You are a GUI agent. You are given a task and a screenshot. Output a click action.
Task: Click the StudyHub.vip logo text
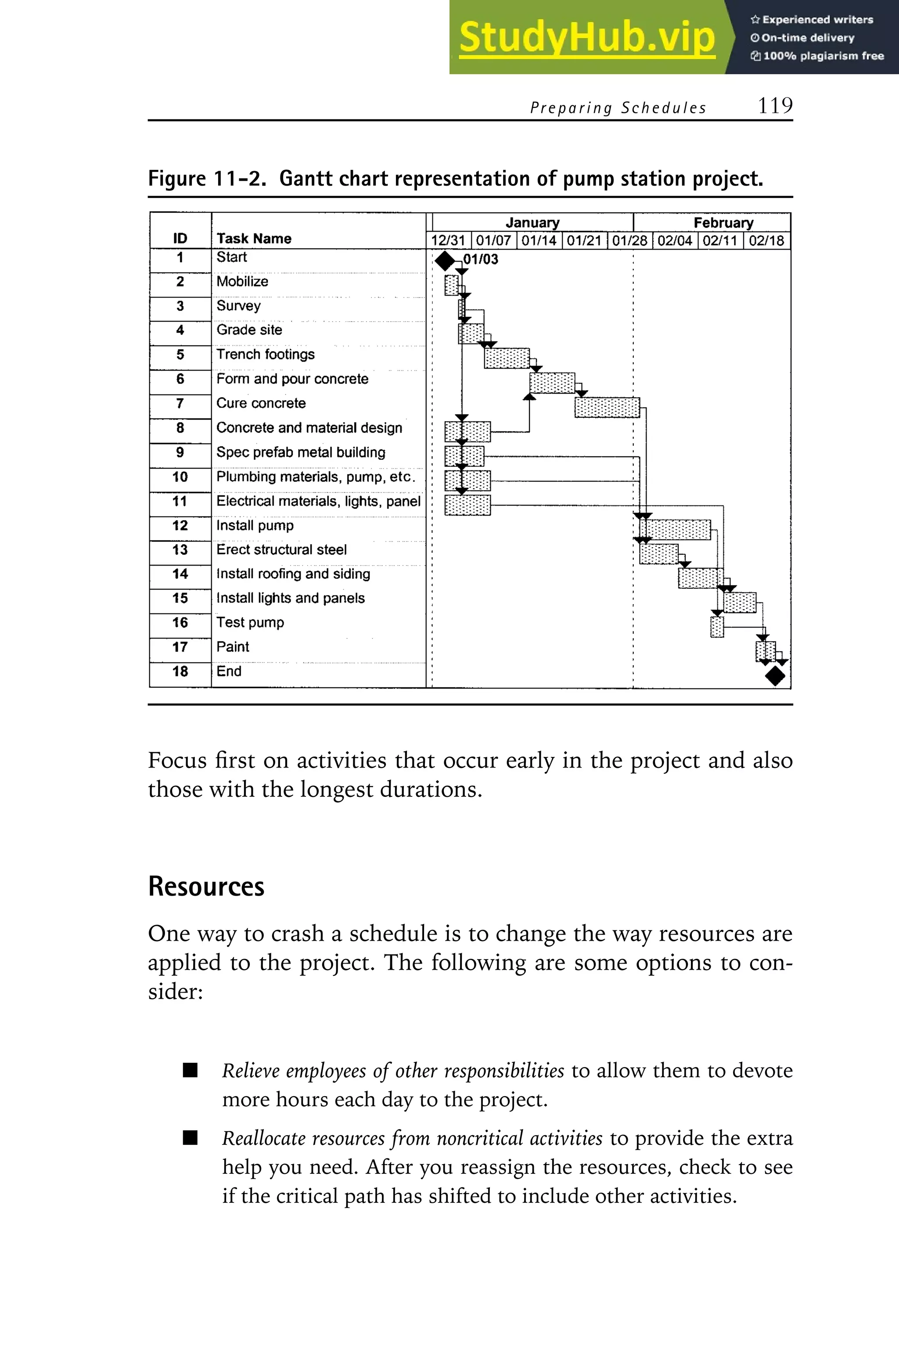586,37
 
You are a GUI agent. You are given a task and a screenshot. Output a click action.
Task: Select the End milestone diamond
775,676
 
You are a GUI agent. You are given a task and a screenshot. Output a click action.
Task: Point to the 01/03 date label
481,259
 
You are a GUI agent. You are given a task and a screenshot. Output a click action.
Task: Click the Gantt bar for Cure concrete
607,408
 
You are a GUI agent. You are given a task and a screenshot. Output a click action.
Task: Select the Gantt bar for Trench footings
507,358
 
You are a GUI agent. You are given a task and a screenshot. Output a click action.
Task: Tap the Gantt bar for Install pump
675,530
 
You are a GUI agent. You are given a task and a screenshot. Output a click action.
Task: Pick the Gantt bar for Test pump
717,627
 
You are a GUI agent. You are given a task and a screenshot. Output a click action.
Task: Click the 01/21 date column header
584,241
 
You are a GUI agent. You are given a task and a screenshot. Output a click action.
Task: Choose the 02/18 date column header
766,241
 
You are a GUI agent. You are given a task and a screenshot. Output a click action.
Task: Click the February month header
723,222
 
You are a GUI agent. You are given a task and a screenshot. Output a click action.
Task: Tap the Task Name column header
254,238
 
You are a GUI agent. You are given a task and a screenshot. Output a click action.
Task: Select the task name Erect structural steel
281,550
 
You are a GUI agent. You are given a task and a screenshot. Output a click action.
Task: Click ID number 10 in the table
180,477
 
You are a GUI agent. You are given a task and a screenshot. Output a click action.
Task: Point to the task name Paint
233,647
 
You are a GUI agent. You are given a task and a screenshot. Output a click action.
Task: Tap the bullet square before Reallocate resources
191,1138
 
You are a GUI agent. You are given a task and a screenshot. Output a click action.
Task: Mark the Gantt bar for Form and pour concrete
551,383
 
